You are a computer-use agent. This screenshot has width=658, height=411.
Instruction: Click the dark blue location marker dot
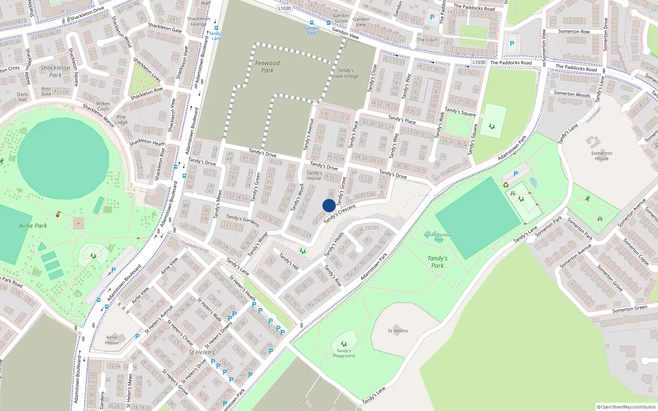pos(329,205)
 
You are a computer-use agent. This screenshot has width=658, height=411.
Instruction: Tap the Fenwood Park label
pos(267,67)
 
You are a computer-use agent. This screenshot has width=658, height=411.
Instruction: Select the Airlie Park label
pos(33,226)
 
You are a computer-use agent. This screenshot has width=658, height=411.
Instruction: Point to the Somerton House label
pos(601,156)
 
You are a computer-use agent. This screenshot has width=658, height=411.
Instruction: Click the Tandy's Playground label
pos(343,353)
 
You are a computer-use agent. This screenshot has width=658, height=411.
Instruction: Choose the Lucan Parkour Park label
pos(438,237)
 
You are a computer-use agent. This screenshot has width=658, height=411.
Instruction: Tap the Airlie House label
pos(111,340)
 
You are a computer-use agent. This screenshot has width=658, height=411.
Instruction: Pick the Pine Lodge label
pos(121,120)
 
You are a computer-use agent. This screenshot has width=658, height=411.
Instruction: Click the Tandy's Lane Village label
pos(345,73)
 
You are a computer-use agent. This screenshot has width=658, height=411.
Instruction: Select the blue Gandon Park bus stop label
pos(311,30)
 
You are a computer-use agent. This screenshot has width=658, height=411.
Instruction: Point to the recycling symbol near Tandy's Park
pos(506,185)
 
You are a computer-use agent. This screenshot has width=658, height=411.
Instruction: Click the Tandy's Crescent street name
pos(339,214)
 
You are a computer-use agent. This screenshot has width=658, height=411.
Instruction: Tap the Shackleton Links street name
pos(147,69)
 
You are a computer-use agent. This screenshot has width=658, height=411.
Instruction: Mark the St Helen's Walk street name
pos(209,309)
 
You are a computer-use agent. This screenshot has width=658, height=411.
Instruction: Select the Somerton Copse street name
pos(635,252)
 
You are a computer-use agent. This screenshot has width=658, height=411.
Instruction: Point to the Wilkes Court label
pos(103,106)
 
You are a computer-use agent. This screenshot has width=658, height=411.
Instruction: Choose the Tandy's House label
pos(314,175)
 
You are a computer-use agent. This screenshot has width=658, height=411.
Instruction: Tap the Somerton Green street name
pos(629,309)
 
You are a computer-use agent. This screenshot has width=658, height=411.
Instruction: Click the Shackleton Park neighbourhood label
pos(55,72)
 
